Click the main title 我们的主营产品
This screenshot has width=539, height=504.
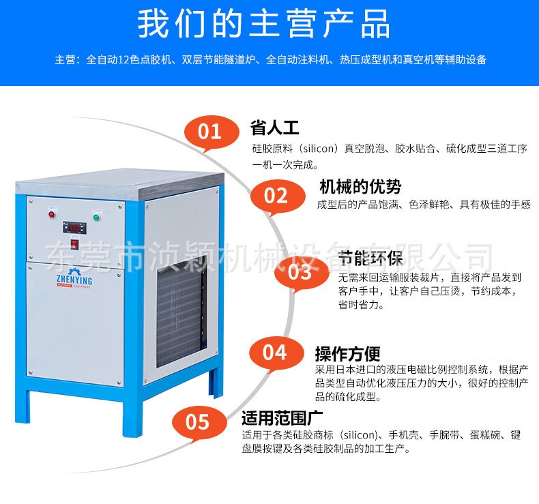pyautogui.click(x=263, y=24)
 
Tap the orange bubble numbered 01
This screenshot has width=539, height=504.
pyautogui.click(x=211, y=132)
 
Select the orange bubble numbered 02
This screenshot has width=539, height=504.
pyautogui.click(x=277, y=196)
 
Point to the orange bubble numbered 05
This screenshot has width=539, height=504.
pyautogui.click(x=199, y=422)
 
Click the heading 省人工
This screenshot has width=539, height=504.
pyautogui.click(x=274, y=128)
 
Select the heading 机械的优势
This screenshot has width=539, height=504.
pyautogui.click(x=360, y=187)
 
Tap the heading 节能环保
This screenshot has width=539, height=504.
pyautogui.click(x=370, y=258)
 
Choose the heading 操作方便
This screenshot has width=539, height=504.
pyautogui.click(x=347, y=354)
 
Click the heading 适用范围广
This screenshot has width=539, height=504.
pyautogui.click(x=282, y=418)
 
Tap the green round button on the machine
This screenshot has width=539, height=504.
pyautogui.click(x=97, y=217)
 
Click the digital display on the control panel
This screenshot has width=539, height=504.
pyautogui.click(x=74, y=227)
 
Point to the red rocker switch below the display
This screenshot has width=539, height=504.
pyautogui.click(x=74, y=244)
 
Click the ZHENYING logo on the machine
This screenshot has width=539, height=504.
pyautogui.click(x=74, y=279)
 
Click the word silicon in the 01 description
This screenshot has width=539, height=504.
pyautogui.click(x=319, y=149)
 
